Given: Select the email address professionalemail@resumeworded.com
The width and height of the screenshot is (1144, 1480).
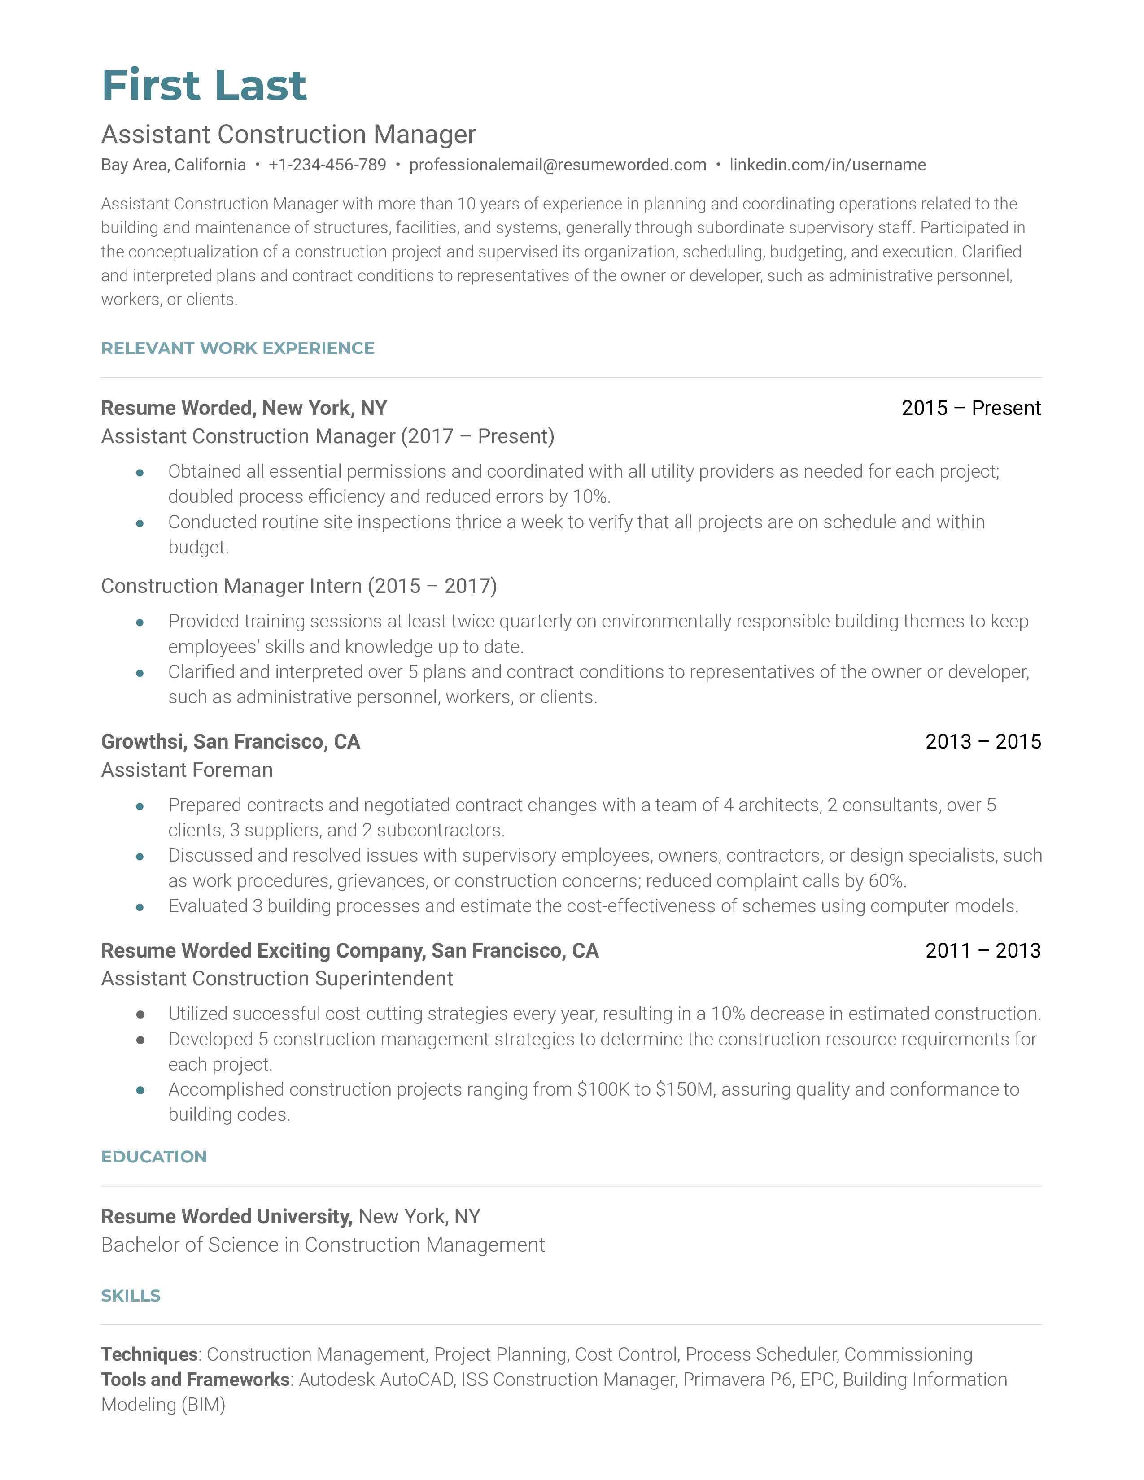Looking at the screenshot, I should tap(557, 165).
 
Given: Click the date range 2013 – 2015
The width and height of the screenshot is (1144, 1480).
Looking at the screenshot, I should tap(982, 741).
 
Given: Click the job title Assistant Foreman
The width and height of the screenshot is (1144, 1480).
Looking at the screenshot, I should tap(187, 770).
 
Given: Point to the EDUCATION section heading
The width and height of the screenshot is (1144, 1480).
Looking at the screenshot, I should tap(154, 1156).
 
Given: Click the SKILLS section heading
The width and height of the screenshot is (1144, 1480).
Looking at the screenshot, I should tap(131, 1295).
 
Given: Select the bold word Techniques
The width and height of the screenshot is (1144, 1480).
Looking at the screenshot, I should tap(149, 1354).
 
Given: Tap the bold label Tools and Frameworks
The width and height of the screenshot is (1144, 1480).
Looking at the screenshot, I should tap(195, 1379).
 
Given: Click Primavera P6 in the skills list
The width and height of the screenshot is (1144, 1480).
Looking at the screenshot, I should tap(738, 1379).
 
